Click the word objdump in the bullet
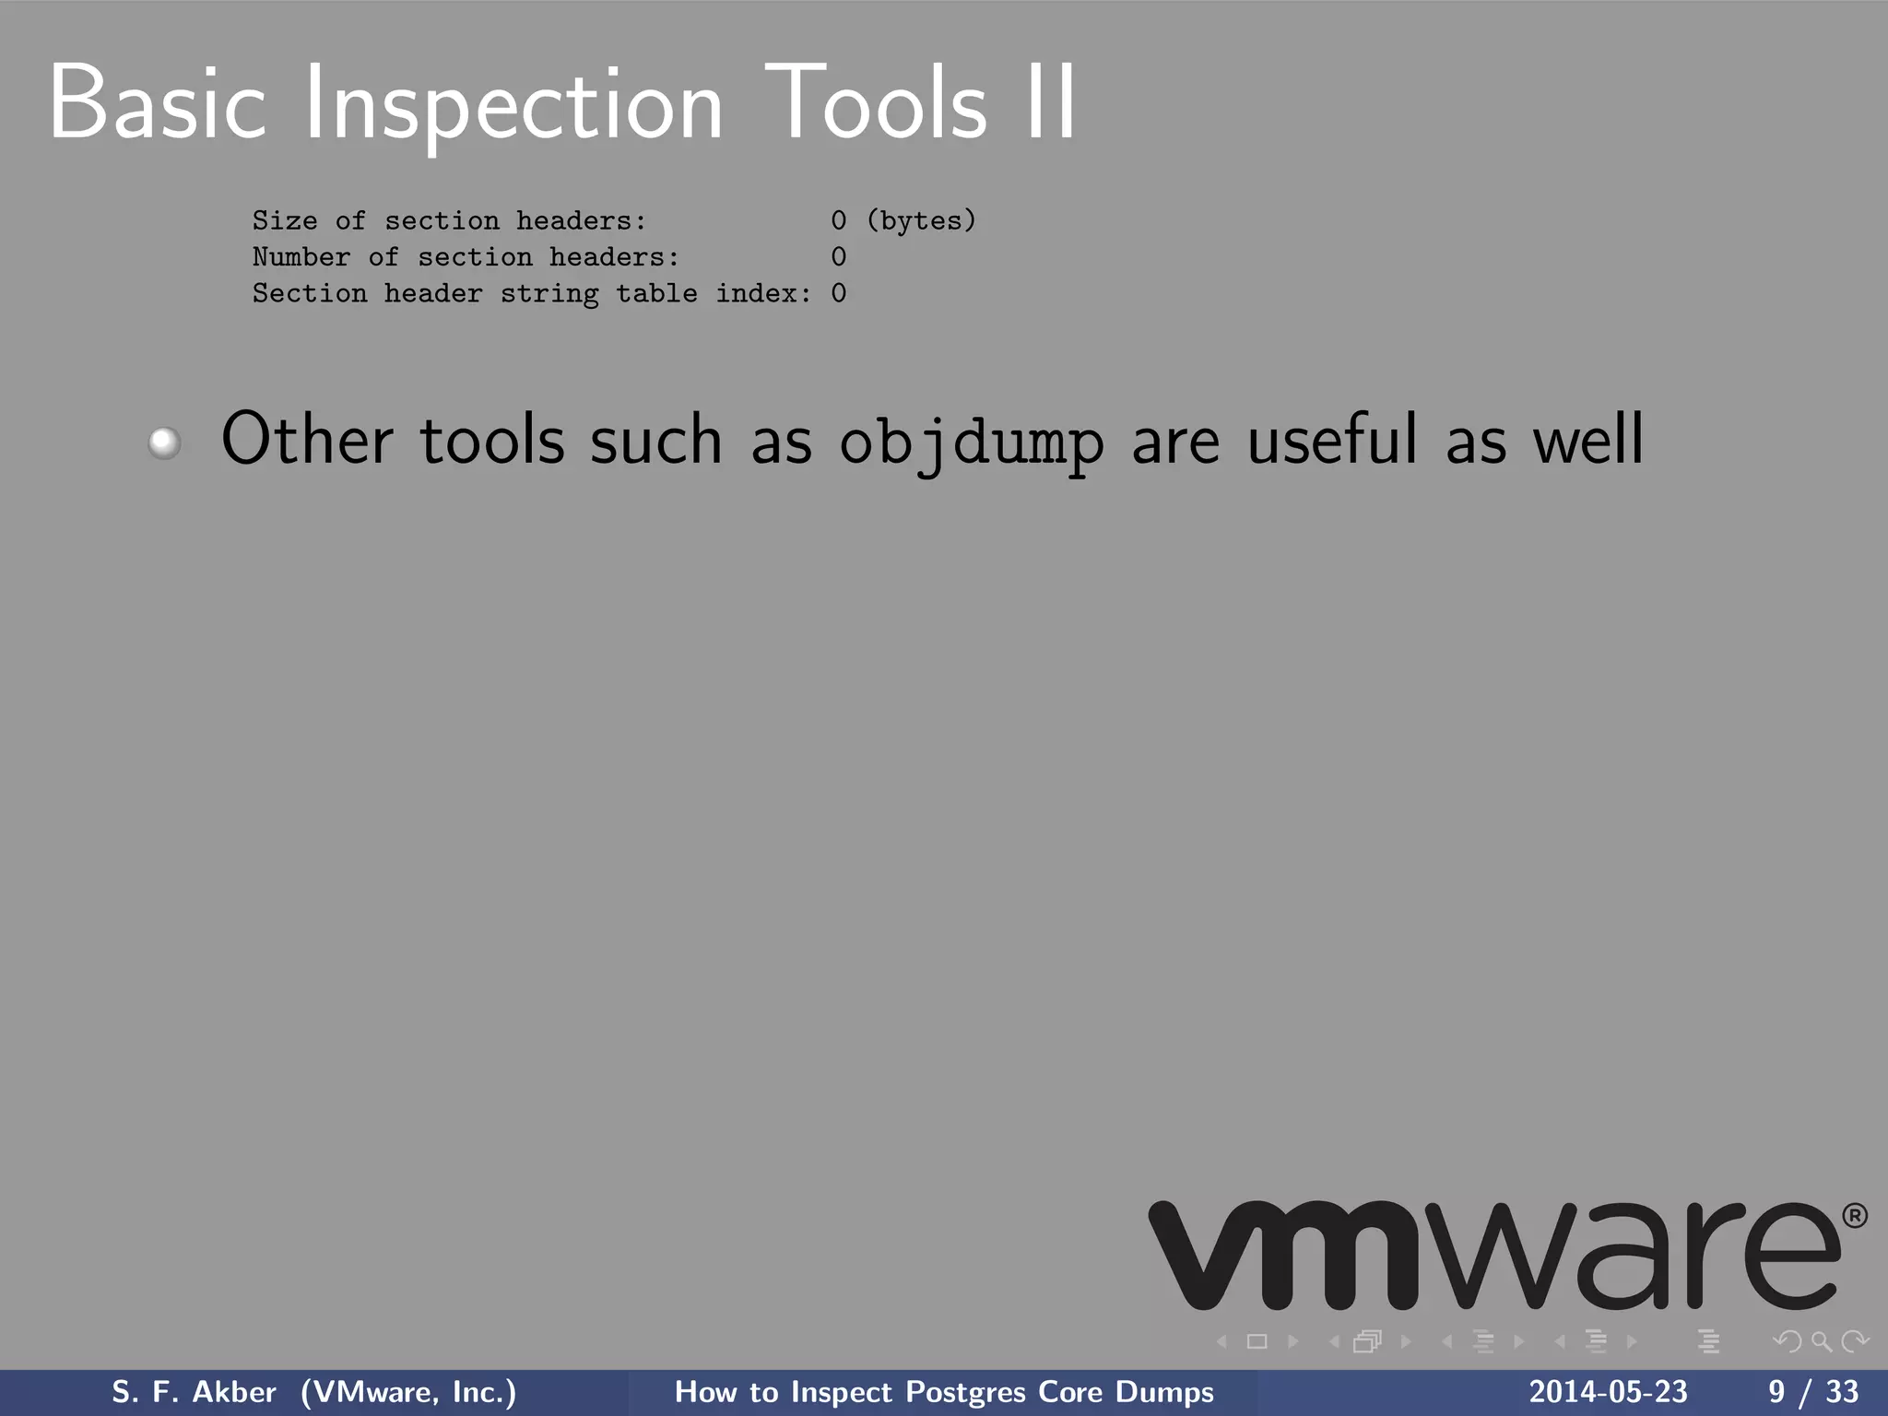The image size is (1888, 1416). pyautogui.click(x=971, y=442)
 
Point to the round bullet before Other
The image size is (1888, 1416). pyautogui.click(x=165, y=442)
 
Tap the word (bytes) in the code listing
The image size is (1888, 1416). pyautogui.click(x=921, y=220)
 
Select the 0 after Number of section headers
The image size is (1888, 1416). pyautogui.click(x=838, y=256)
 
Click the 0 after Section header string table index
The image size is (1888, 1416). pyautogui.click(x=838, y=293)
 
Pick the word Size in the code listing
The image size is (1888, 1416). pyautogui.click(x=284, y=220)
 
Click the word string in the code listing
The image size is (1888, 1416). pyautogui.click(x=549, y=294)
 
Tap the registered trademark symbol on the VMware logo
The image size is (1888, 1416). pyautogui.click(x=1855, y=1216)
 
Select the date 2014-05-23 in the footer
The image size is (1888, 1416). pyautogui.click(x=1608, y=1392)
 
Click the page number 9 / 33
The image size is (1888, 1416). pyautogui.click(x=1812, y=1392)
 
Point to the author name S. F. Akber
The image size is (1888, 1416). pyautogui.click(x=194, y=1392)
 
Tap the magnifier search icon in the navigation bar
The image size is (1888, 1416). pyautogui.click(x=1821, y=1342)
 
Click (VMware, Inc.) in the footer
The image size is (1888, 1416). pyautogui.click(x=408, y=1392)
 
